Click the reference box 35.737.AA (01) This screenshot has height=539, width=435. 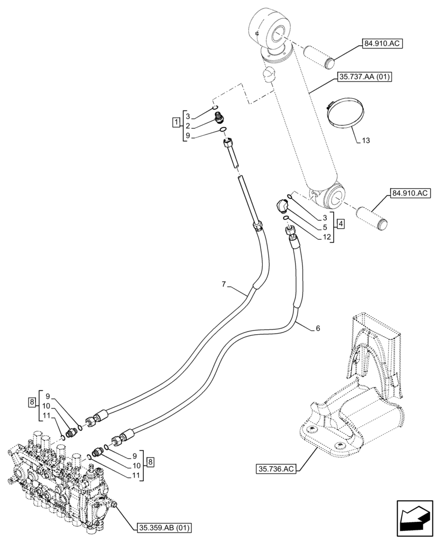(x=364, y=77)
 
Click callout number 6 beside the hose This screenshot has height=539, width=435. (x=318, y=328)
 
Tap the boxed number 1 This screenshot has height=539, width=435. (x=176, y=121)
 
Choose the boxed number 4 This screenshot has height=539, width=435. (x=341, y=223)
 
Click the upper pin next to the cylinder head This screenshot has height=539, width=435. (x=320, y=56)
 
